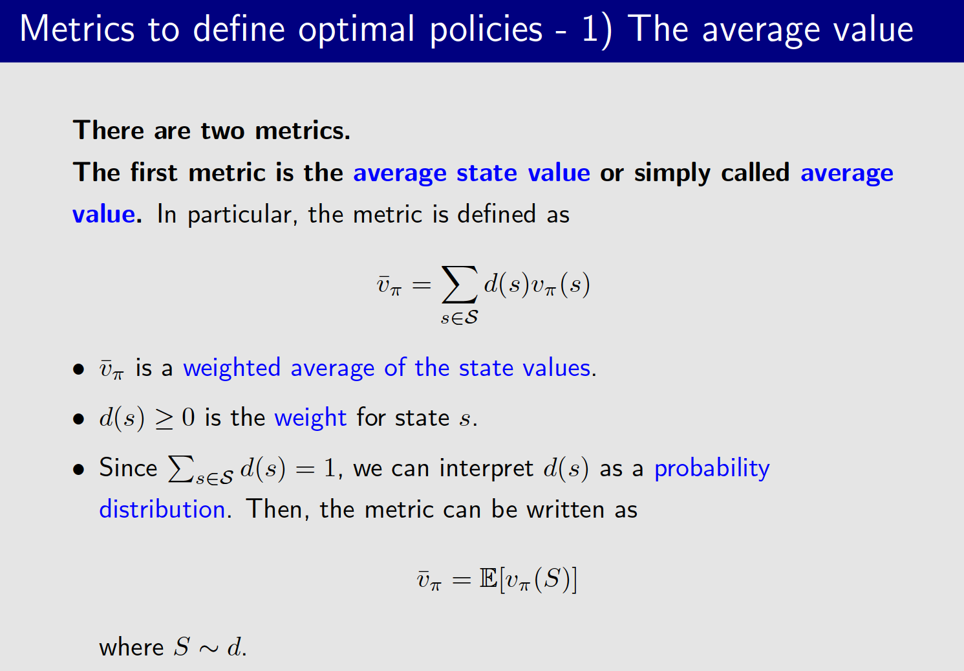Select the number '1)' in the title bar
tap(595, 30)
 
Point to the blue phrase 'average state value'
tap(471, 173)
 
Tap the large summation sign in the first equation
tap(459, 285)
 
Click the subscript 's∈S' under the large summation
tap(459, 318)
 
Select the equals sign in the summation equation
tap(421, 285)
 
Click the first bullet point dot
tap(79, 369)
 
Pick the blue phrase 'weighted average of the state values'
tap(387, 368)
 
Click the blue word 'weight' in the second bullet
tap(310, 418)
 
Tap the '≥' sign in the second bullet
tap(164, 419)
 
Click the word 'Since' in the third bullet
tap(128, 468)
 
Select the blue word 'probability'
tap(712, 468)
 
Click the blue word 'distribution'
tap(162, 509)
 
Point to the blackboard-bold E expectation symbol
tap(488, 578)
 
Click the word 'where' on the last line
tap(131, 647)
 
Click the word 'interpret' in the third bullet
tap(486, 468)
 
